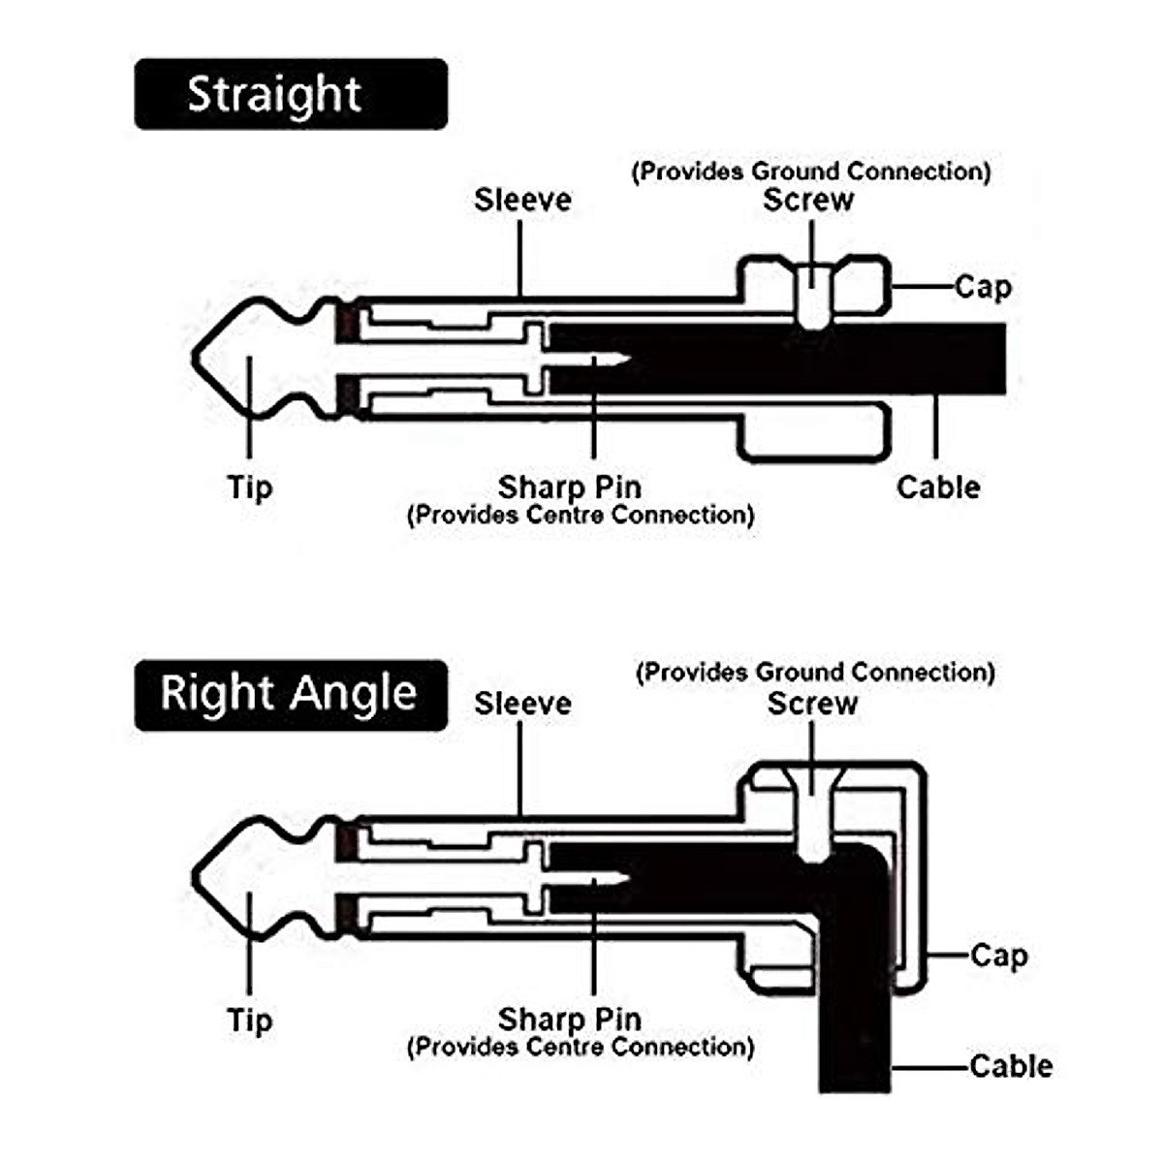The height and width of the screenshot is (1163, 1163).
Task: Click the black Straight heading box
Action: point(291,94)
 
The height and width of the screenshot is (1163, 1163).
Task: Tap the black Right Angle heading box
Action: point(291,695)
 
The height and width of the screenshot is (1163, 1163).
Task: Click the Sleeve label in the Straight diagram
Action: point(522,200)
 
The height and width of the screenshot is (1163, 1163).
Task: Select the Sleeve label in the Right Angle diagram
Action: point(522,704)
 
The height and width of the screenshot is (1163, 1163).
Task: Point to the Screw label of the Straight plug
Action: point(808,200)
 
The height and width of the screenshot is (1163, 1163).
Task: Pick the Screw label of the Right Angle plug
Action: point(812,704)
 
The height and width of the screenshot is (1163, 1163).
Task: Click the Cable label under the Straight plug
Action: point(938,487)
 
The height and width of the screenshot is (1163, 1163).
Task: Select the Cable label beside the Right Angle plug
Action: point(1012,1066)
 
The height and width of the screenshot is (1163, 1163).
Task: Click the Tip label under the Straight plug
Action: point(250,487)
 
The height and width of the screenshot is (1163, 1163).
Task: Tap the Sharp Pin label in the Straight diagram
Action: point(570,487)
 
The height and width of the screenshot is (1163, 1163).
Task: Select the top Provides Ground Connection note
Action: point(811,172)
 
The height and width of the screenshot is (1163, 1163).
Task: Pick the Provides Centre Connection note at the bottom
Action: point(581,1047)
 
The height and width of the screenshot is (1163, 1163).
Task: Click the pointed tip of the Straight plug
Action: point(194,358)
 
